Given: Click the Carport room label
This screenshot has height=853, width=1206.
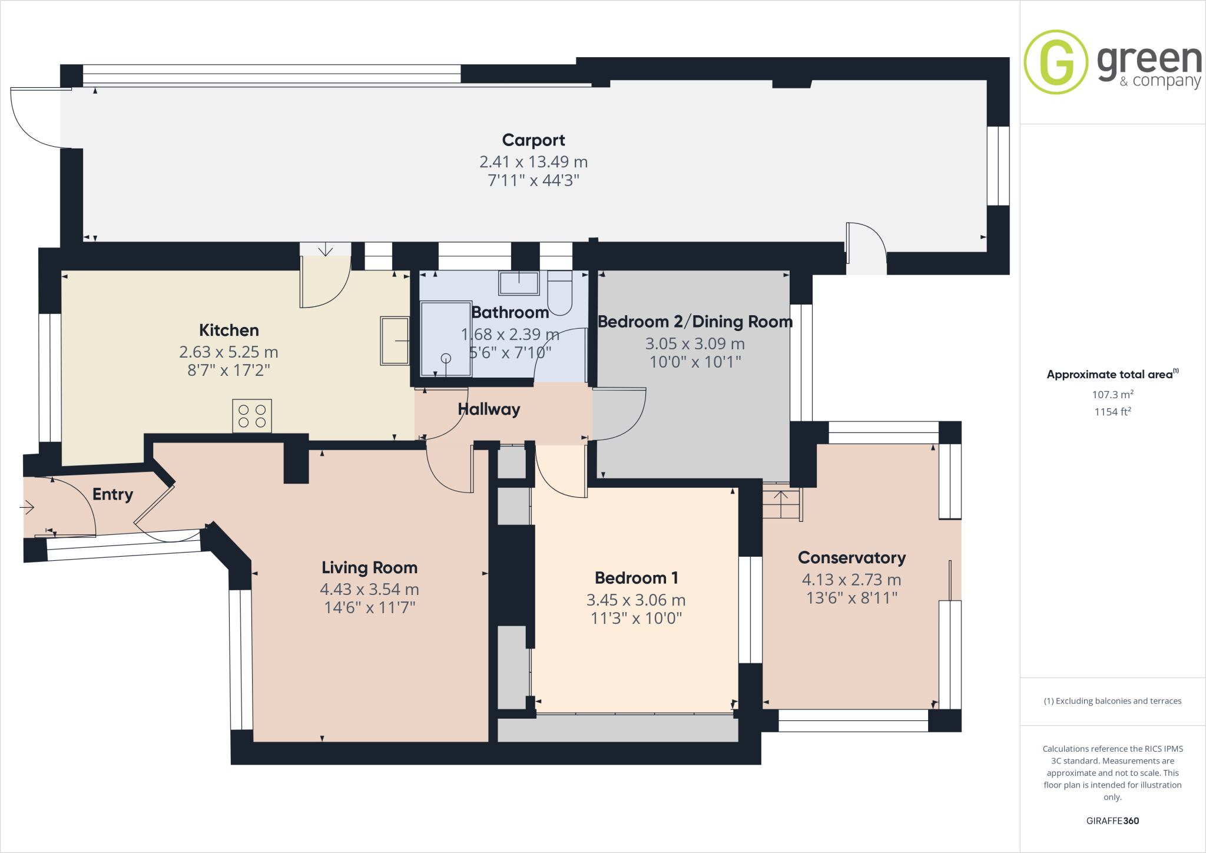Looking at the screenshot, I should [x=533, y=140].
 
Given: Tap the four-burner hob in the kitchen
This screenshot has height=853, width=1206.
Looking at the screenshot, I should [x=252, y=416].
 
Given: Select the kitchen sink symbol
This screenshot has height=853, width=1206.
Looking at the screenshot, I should [x=395, y=341].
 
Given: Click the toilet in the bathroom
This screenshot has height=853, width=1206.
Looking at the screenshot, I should [x=559, y=293].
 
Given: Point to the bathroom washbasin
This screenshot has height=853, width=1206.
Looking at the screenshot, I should [x=518, y=283].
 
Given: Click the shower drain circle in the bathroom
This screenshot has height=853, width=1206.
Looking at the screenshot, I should [x=446, y=358].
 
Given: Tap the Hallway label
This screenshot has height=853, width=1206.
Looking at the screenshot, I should [x=489, y=409].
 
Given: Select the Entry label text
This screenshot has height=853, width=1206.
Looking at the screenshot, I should [x=112, y=494].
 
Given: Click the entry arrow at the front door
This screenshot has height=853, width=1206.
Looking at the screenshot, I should [x=27, y=507].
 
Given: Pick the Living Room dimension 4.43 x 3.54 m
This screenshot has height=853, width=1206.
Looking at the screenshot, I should [x=369, y=589].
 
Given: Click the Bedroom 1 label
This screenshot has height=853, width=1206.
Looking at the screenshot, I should [x=636, y=578].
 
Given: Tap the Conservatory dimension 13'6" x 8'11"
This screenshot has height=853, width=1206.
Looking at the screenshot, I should [x=852, y=598].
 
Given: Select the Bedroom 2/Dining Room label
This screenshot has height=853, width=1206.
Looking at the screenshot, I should [x=695, y=322].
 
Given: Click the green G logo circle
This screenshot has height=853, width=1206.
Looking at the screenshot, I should [x=1056, y=62].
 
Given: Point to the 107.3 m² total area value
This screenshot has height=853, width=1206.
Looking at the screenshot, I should [x=1112, y=395].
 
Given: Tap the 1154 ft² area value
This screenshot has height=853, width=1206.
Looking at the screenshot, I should [x=1112, y=412].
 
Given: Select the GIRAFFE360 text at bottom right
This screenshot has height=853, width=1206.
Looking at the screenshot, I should [x=1112, y=821].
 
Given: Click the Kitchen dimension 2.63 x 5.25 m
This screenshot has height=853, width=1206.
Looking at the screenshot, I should [x=228, y=352].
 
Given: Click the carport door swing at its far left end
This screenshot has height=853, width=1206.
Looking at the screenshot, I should [x=35, y=118].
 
